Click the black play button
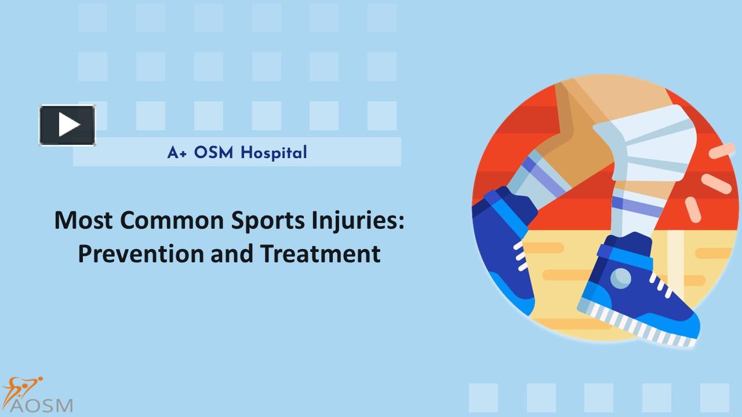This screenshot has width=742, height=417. [67, 125]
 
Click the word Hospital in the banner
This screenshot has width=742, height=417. [274, 153]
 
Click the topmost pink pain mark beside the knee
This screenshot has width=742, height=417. [722, 152]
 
